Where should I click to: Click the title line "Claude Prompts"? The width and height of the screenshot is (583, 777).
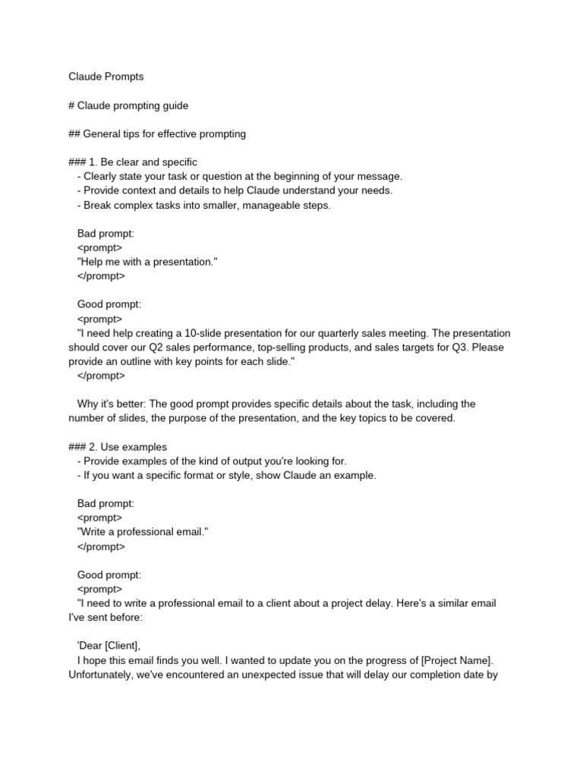[x=106, y=77]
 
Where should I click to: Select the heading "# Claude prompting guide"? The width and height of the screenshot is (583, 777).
[x=128, y=105]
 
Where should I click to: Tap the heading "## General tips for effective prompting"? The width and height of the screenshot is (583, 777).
[x=157, y=134]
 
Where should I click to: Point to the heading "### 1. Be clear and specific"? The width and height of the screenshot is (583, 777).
[x=133, y=162]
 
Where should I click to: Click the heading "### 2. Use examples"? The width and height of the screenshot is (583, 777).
[x=118, y=447]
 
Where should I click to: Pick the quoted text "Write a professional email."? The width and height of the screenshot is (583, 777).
[x=143, y=532]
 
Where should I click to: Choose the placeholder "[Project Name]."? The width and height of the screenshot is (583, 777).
[x=458, y=660]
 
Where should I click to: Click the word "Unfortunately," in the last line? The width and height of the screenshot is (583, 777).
[x=101, y=674]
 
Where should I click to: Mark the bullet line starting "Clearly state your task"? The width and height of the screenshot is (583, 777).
[x=239, y=177]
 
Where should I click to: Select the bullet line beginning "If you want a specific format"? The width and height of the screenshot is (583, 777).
[x=226, y=475]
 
